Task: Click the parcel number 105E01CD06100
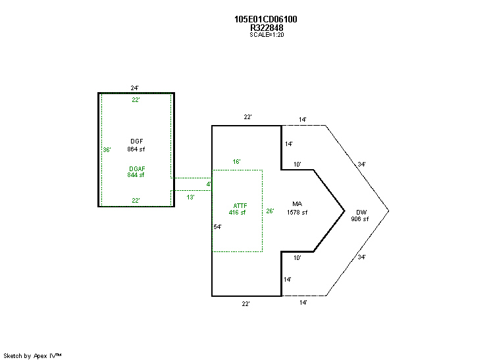[x=265, y=19]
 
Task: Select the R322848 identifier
[x=267, y=28]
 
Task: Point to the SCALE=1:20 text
[x=267, y=35]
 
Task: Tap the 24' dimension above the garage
[x=135, y=88]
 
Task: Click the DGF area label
[x=136, y=141]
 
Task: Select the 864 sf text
[x=136, y=149]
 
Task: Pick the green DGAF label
[x=137, y=168]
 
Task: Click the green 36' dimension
[x=107, y=150]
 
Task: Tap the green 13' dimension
[x=190, y=197]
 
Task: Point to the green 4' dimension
[x=209, y=184]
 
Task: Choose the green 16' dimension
[x=236, y=161]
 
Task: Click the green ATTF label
[x=240, y=206]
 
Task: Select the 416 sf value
[x=237, y=212]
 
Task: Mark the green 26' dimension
[x=270, y=211]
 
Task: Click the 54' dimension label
[x=218, y=226]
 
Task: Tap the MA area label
[x=297, y=204]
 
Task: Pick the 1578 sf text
[x=297, y=212]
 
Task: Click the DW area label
[x=361, y=212]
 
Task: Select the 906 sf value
[x=360, y=219]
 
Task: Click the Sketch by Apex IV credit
[x=32, y=356]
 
